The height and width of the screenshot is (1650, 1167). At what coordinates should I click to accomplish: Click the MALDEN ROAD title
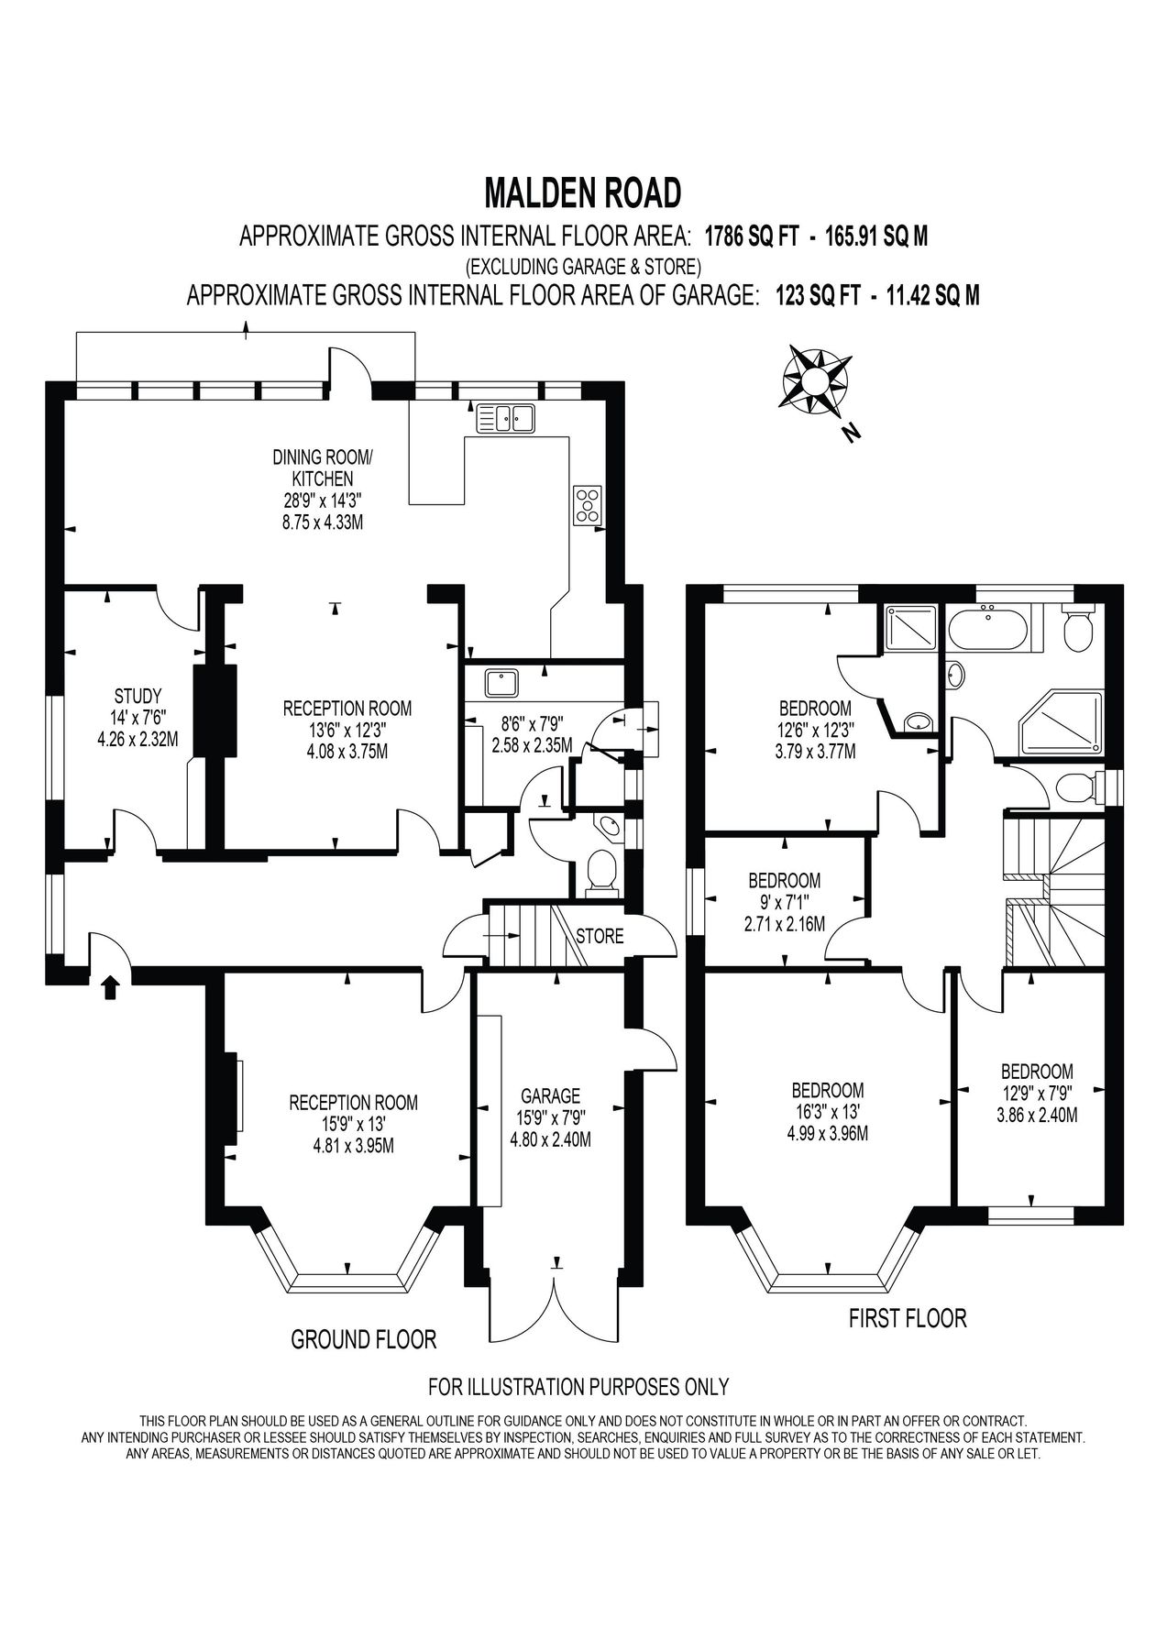pos(583,193)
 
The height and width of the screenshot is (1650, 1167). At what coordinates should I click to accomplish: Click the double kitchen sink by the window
pos(504,419)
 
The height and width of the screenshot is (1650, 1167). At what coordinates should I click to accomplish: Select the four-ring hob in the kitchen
pos(588,505)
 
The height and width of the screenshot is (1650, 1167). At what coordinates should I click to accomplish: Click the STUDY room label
pos(138,695)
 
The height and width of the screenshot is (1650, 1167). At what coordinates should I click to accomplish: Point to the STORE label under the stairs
pos(600,936)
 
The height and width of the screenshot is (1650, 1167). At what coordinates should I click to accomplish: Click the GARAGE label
pos(550,1095)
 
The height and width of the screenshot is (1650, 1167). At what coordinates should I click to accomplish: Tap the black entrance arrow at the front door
pos(110,987)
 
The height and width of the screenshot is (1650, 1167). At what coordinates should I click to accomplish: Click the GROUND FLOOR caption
pos(363,1339)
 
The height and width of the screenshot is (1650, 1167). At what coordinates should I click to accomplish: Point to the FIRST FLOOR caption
pos(908,1318)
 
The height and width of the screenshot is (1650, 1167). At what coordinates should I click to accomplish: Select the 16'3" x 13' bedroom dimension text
pos(828,1112)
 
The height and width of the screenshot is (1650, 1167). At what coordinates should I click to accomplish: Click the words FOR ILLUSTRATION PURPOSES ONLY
pos(578,1385)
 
